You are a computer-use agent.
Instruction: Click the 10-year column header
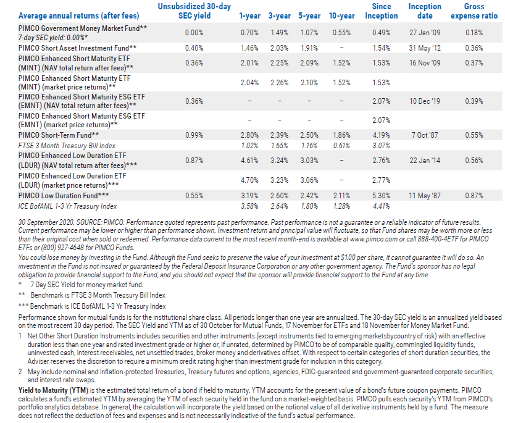click(341, 16)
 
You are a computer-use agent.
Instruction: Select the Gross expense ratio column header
click(474, 11)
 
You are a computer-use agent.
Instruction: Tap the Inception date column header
click(425, 11)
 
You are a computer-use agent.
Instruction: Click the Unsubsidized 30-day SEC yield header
click(194, 11)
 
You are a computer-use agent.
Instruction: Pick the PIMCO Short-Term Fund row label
click(59, 135)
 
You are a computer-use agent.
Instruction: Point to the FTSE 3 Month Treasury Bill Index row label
click(67, 146)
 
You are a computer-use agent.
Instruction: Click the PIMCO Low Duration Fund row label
click(64, 196)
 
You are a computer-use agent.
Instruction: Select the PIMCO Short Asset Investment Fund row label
click(77, 48)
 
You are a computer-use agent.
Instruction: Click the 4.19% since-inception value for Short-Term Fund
click(382, 135)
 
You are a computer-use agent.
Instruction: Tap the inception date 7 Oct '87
click(425, 135)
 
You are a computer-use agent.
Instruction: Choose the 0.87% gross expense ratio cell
click(474, 196)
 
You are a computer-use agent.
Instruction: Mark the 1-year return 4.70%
click(249, 180)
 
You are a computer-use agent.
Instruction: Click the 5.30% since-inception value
click(382, 196)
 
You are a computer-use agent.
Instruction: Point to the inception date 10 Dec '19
click(425, 101)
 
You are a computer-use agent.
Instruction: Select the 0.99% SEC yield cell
click(194, 135)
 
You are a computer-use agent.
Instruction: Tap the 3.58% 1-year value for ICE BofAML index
click(249, 206)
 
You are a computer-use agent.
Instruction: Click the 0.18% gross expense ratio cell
click(474, 33)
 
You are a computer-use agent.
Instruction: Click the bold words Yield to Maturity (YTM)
click(53, 390)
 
